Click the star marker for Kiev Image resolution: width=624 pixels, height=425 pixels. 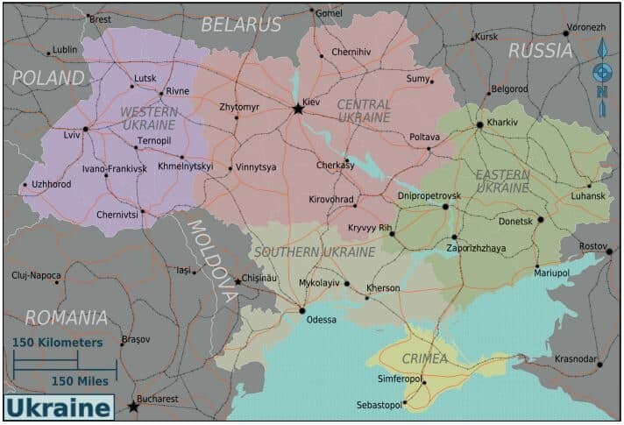coord(298,110)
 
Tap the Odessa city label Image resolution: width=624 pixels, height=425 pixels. coord(321,320)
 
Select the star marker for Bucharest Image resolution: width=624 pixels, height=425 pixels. coord(133,407)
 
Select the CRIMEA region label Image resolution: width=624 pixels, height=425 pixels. coord(424,358)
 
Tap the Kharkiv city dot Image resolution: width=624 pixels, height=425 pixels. coord(479,125)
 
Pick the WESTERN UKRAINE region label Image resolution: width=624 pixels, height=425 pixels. coord(149,118)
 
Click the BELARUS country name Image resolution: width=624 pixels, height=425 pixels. coord(241,25)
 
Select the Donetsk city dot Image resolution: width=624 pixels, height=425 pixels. coord(541,220)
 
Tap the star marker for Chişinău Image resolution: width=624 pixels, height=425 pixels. coord(238,281)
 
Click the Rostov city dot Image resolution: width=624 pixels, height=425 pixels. coord(609,251)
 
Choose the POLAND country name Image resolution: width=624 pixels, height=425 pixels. coord(49,77)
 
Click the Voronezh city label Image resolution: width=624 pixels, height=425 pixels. coord(586,27)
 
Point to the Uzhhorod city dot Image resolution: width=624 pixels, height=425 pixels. coord(24,185)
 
